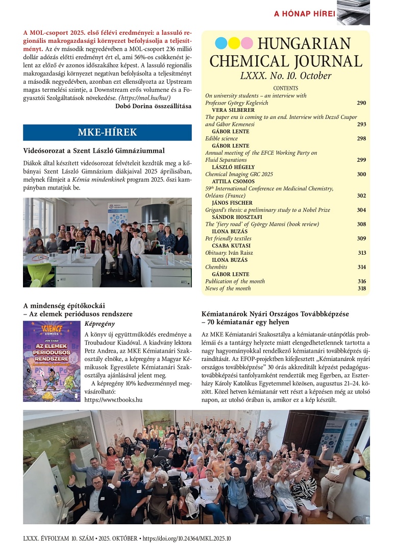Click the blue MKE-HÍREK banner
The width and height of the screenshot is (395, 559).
[x=107, y=133]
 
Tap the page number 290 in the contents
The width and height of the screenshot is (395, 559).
[x=361, y=103]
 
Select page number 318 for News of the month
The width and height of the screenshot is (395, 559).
[x=361, y=288]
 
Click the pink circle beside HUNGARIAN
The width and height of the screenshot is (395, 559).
[x=247, y=43]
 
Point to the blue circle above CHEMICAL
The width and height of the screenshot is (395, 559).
[x=221, y=43]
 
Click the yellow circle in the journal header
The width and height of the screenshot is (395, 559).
[x=234, y=43]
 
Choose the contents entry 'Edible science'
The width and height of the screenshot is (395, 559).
[x=221, y=138]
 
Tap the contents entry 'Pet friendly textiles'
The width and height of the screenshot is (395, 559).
[x=229, y=238]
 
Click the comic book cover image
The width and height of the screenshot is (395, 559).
[x=52, y=360]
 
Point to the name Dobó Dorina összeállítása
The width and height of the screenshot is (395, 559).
[x=153, y=106]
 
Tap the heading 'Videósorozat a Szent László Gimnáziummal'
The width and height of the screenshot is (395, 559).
[x=94, y=151]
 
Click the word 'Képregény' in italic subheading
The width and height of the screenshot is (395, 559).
[x=100, y=324]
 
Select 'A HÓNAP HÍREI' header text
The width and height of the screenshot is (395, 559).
[x=305, y=14]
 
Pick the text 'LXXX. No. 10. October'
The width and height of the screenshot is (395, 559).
[x=286, y=76]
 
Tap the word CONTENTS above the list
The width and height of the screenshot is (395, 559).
[x=286, y=88]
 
